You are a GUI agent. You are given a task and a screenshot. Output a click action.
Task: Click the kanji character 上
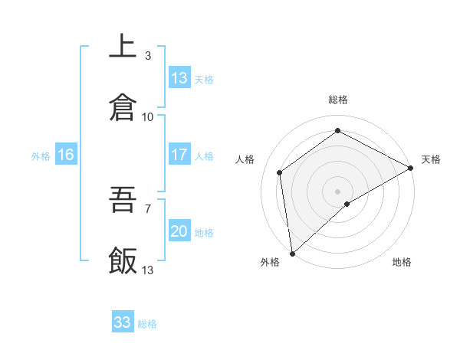click(123, 46)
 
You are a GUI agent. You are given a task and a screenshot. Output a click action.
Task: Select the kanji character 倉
click(123, 107)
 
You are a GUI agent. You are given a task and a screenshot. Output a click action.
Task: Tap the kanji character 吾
click(123, 200)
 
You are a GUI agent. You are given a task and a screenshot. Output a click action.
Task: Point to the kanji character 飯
click(123, 261)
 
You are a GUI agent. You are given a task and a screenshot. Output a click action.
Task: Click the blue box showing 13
click(179, 78)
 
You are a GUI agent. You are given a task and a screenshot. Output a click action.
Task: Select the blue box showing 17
click(179, 155)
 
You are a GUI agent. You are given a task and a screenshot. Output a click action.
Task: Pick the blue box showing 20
click(179, 231)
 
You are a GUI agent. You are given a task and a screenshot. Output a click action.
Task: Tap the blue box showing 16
click(66, 155)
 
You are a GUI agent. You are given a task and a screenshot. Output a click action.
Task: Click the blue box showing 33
click(123, 322)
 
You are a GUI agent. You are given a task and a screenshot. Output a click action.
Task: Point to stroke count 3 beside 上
click(148, 55)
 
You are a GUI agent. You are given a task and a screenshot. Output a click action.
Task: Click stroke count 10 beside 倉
click(148, 116)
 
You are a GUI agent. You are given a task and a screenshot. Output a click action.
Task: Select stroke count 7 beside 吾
click(148, 208)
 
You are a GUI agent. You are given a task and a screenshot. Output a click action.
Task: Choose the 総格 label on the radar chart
click(338, 100)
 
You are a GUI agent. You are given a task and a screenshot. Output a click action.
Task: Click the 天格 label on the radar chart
click(431, 159)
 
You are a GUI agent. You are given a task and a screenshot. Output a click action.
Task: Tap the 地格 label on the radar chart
click(402, 262)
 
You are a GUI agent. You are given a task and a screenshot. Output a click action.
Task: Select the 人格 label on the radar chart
click(245, 159)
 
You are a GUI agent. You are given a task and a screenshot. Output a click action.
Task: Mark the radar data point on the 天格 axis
click(411, 168)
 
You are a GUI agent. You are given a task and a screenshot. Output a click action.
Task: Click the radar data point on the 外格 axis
click(292, 253)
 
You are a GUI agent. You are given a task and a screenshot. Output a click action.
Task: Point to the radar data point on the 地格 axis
click(347, 204)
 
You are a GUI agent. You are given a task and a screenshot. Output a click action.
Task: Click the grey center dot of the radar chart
click(338, 191)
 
